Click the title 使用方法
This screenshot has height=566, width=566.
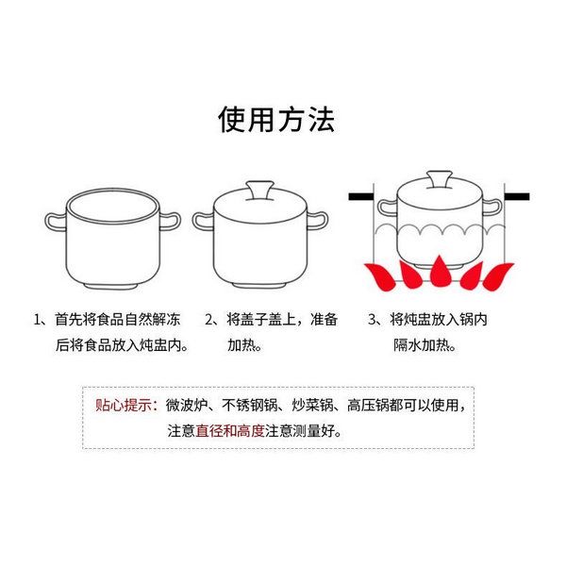coord(276,120)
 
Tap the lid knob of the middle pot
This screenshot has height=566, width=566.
coord(259,191)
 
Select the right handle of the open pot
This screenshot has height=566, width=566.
coord(171,222)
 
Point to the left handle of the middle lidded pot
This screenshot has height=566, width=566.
coord(203,221)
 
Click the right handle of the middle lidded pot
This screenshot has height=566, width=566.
coord(318,221)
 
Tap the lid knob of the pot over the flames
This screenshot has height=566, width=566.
coord(439,180)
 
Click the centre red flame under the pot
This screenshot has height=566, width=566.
coord(439,273)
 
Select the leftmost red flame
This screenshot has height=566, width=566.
coord(380,276)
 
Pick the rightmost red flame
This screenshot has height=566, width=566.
coord(498,276)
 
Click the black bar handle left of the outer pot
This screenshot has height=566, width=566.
coord(361,197)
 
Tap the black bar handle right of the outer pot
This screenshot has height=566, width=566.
coord(517,197)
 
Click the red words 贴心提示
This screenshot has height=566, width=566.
coord(123,405)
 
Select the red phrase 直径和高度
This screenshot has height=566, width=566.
coord(230,431)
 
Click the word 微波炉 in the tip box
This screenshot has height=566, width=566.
coord(187,405)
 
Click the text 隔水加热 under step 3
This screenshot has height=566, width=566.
coord(421,345)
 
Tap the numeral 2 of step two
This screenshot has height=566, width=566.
coord(209,320)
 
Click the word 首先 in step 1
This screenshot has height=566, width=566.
coord(68,320)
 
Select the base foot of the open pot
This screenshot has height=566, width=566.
coord(110,286)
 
